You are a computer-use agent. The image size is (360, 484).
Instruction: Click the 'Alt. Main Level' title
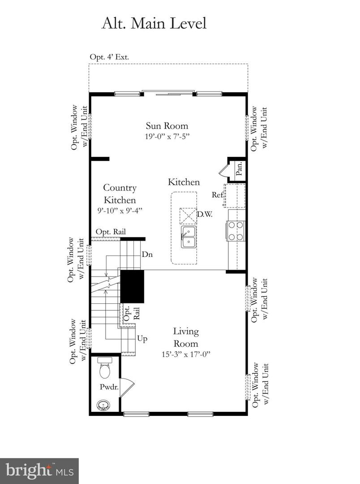click(x=154, y=23)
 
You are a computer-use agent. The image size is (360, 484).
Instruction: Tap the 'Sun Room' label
click(x=167, y=126)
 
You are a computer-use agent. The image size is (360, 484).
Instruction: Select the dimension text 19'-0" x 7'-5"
click(x=167, y=136)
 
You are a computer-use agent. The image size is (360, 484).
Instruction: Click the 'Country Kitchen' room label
click(x=120, y=194)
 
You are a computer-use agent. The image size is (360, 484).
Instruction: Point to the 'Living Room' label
click(x=186, y=337)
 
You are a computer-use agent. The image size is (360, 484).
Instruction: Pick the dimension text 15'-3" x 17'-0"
click(x=186, y=354)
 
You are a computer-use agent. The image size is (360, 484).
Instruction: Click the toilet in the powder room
click(x=104, y=368)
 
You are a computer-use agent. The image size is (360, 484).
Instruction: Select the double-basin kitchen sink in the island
click(x=189, y=237)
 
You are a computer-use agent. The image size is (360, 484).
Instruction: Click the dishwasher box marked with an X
click(x=188, y=216)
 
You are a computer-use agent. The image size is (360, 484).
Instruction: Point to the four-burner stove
click(x=236, y=231)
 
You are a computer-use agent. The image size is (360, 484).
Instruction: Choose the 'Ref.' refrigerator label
click(x=218, y=194)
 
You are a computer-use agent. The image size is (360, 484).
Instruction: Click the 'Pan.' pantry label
click(x=239, y=169)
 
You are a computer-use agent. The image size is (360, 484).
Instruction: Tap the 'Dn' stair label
click(x=147, y=254)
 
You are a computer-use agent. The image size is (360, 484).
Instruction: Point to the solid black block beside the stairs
click(x=132, y=286)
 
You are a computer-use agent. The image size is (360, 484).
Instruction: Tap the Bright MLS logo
click(x=39, y=471)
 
